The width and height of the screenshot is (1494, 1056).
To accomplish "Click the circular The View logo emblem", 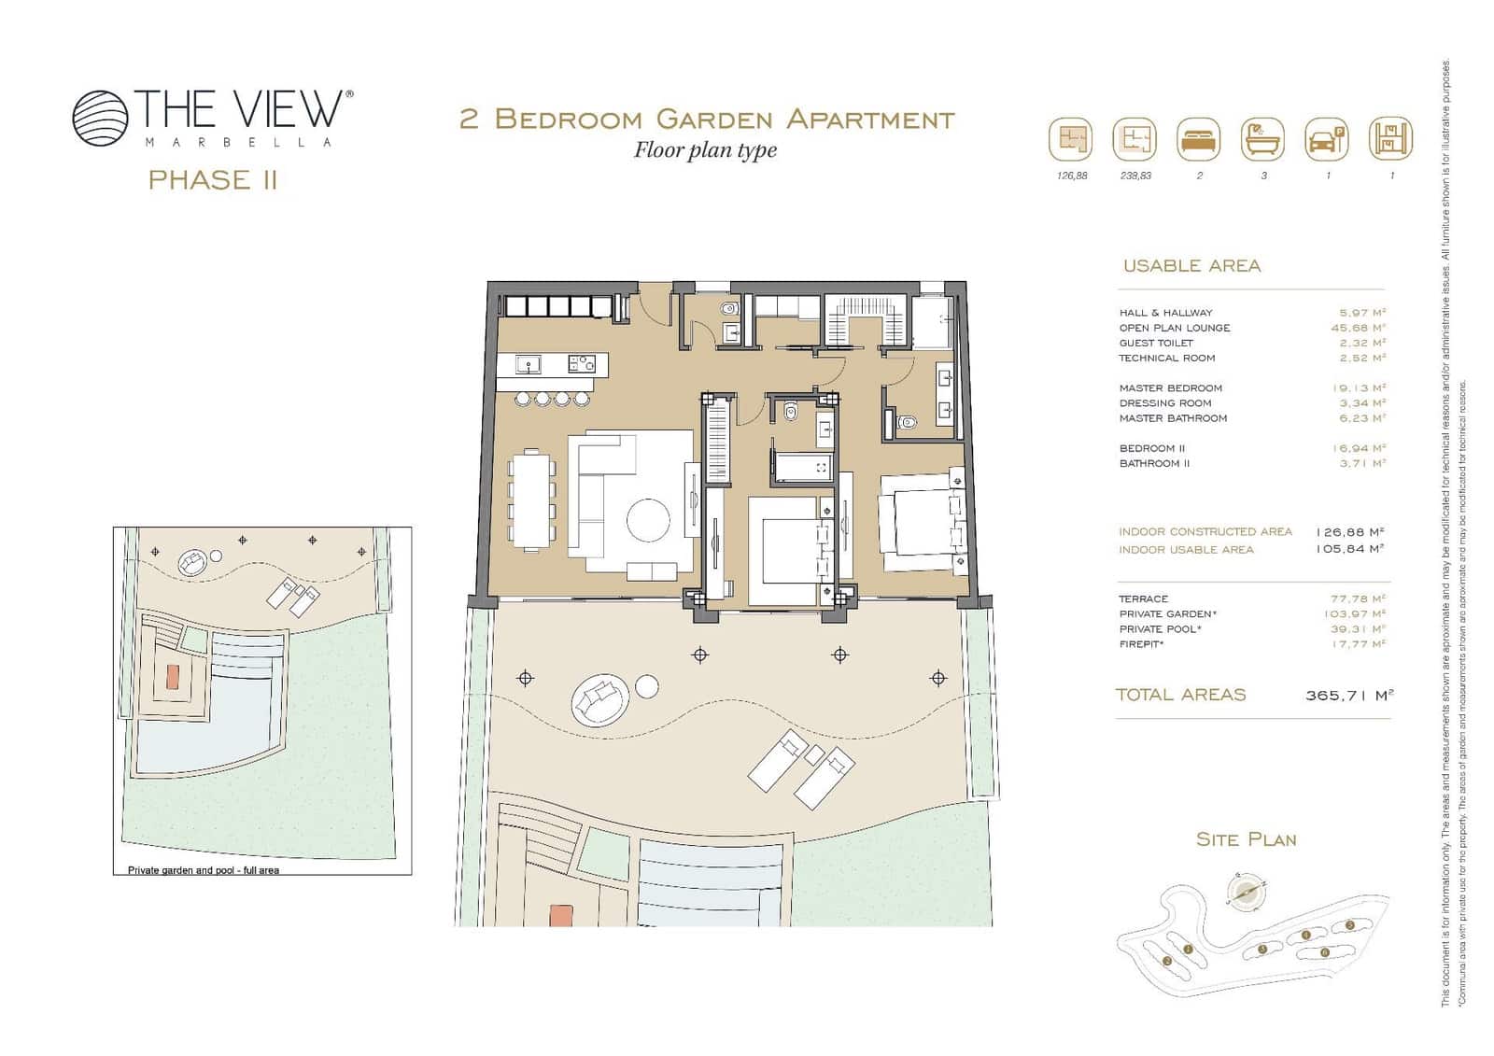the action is (x=100, y=118).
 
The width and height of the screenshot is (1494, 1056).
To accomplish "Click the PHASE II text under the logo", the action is (x=213, y=179).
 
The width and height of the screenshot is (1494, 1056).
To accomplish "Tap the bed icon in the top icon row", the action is (x=1199, y=141).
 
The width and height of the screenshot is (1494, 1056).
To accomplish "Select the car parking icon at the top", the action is (x=1326, y=141).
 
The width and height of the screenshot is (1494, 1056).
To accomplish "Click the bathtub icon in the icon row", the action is (x=1262, y=141).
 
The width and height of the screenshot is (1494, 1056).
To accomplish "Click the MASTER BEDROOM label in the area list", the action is (x=1170, y=388).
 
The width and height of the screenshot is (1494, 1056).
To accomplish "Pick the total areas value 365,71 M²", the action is (x=1349, y=696).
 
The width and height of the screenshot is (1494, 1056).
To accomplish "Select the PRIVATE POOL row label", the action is (x=1160, y=629).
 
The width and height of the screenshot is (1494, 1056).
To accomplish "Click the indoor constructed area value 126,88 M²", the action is (x=1349, y=532).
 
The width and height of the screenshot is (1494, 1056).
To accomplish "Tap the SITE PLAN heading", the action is (x=1246, y=840).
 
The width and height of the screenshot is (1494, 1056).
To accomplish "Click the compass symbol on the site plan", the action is (x=1245, y=892).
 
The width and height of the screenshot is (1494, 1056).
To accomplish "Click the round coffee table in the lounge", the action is (x=648, y=520).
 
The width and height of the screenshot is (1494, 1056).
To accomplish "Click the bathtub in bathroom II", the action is (x=802, y=467).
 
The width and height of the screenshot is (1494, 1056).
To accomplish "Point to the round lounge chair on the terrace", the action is (x=598, y=700).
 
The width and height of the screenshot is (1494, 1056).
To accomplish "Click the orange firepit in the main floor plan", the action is (x=560, y=915).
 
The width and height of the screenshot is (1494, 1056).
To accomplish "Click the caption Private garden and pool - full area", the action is (x=203, y=870).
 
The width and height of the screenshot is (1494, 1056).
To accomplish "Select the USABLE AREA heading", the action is (x=1191, y=266).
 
